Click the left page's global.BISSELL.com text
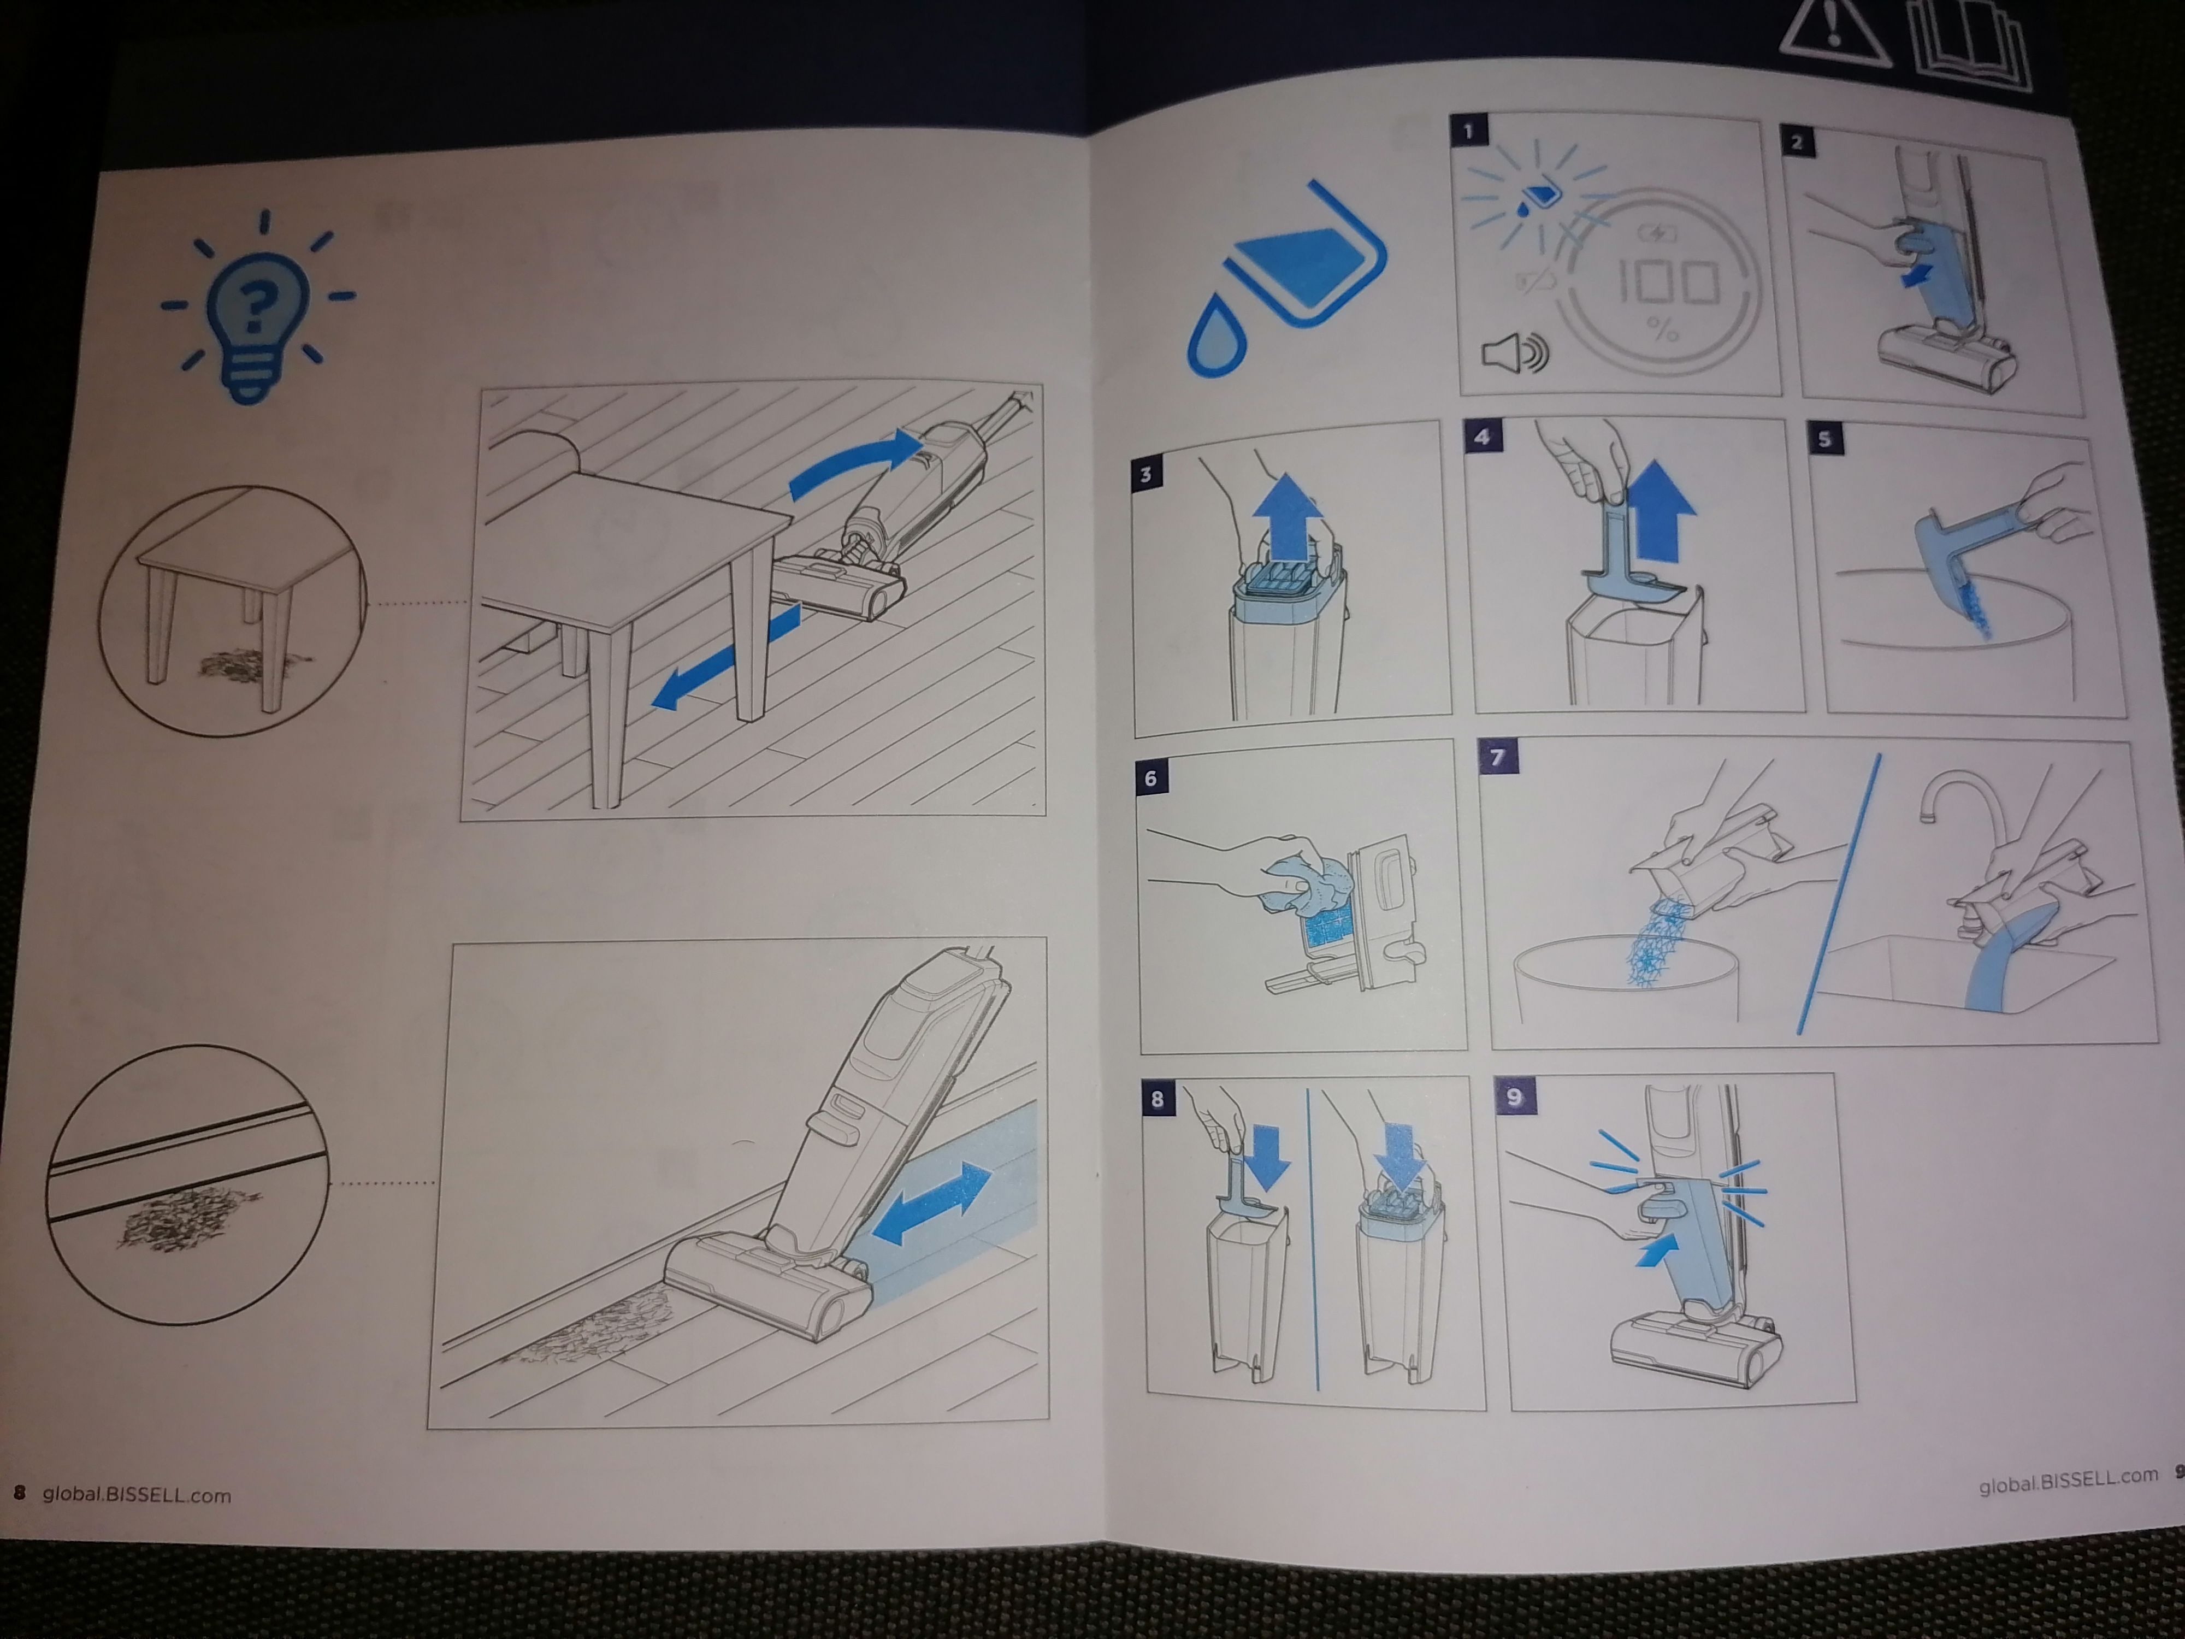(x=137, y=1495)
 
